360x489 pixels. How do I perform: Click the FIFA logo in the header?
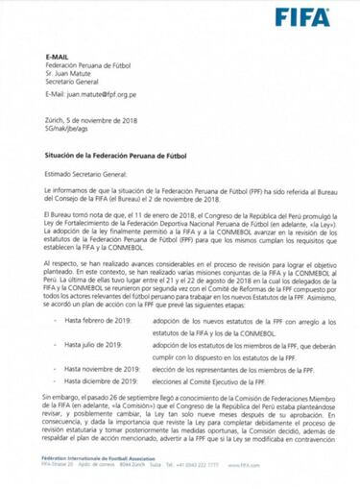301,17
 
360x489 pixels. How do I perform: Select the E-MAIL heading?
59,59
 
